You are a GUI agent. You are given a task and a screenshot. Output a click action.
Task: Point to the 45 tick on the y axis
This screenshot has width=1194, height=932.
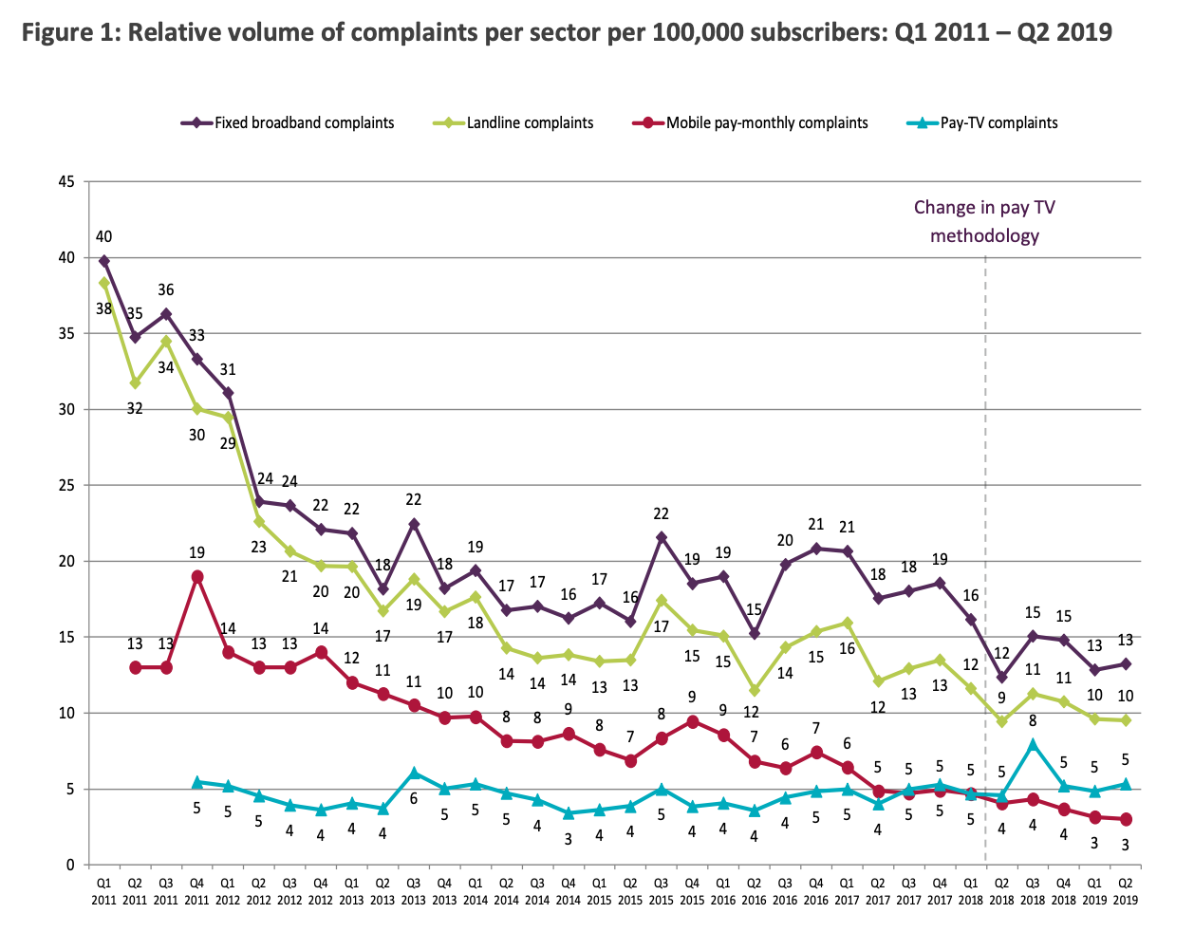tap(66, 181)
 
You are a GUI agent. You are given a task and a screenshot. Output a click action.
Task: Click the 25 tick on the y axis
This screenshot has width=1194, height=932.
tap(66, 485)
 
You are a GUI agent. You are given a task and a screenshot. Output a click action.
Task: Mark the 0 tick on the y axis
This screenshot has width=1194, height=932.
tap(70, 865)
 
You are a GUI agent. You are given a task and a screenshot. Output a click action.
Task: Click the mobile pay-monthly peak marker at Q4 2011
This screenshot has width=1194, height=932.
tap(196, 576)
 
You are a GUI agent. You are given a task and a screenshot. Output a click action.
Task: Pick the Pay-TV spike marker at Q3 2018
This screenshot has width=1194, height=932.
tap(1033, 744)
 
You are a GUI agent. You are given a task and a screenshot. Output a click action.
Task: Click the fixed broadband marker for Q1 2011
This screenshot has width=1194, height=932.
tap(103, 260)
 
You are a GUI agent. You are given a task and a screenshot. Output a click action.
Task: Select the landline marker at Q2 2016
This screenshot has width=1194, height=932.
tap(754, 690)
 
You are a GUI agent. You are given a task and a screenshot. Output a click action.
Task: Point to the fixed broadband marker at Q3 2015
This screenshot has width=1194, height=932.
tap(661, 537)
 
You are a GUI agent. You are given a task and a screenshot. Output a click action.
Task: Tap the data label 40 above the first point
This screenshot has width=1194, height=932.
tap(103, 236)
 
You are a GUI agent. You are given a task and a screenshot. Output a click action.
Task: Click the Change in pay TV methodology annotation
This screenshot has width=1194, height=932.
tap(984, 221)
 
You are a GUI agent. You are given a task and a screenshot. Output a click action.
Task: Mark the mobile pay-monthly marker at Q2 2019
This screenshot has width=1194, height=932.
tap(1126, 819)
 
